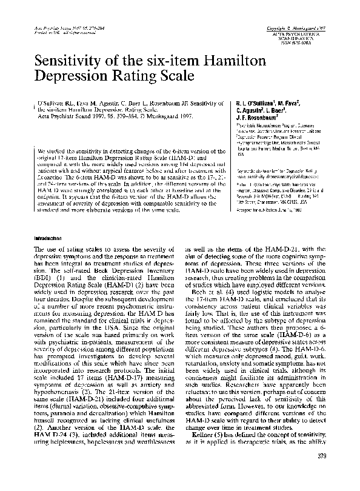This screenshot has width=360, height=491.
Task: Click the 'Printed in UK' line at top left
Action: [61, 32]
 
